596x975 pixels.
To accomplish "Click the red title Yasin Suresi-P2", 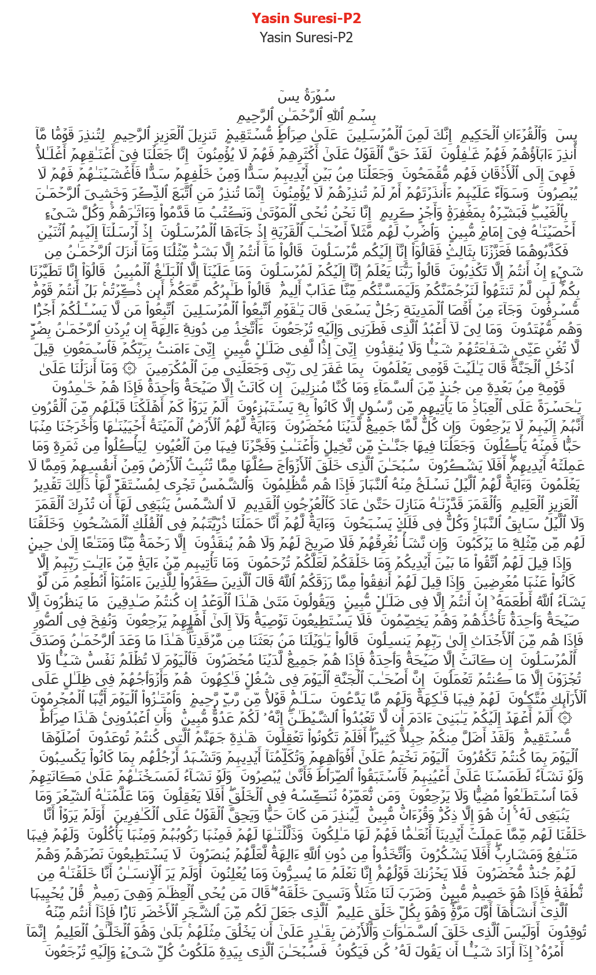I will (306, 19).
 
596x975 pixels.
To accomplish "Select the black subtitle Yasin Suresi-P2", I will (306, 38).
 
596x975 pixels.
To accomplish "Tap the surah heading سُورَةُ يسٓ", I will (307, 96).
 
